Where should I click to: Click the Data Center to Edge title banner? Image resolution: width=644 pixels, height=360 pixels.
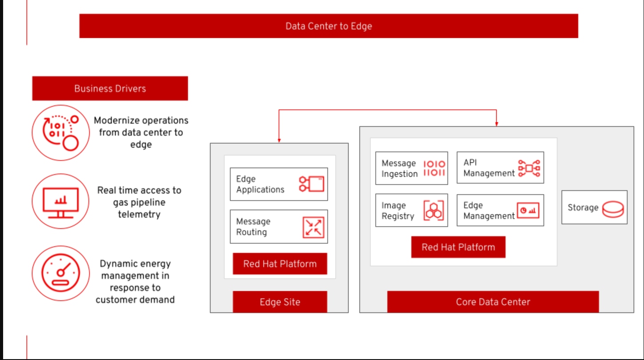tap(328, 26)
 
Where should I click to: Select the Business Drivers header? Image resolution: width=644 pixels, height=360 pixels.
tap(110, 88)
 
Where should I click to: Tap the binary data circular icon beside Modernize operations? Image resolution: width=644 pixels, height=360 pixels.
tap(61, 133)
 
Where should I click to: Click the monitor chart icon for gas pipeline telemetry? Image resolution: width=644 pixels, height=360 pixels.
tap(61, 202)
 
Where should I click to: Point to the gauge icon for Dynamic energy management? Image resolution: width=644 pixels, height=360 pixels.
tap(61, 273)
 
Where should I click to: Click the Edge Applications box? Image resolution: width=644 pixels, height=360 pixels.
tap(278, 184)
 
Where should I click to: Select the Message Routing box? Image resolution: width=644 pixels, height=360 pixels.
tap(278, 227)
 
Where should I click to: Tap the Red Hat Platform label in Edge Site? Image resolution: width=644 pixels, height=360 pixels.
tap(280, 264)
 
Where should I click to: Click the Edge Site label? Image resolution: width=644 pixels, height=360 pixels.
tap(280, 302)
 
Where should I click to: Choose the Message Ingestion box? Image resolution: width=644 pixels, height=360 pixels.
tap(411, 168)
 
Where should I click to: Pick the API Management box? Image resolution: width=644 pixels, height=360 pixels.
tap(500, 168)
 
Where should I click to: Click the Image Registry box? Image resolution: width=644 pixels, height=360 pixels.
tap(411, 210)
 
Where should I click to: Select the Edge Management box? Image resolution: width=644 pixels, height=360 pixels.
tap(500, 210)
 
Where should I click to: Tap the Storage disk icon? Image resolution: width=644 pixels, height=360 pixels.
tap(613, 208)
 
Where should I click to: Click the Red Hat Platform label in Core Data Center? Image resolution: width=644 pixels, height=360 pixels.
tap(458, 247)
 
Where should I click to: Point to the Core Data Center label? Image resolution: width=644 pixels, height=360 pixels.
tap(493, 302)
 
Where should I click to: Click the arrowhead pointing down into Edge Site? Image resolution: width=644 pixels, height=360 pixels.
tap(279, 140)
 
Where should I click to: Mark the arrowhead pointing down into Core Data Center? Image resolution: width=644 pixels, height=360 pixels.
tap(496, 123)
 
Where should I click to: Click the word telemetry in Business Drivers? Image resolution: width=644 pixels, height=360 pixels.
tap(139, 214)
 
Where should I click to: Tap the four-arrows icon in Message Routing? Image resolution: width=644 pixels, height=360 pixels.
tap(313, 227)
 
